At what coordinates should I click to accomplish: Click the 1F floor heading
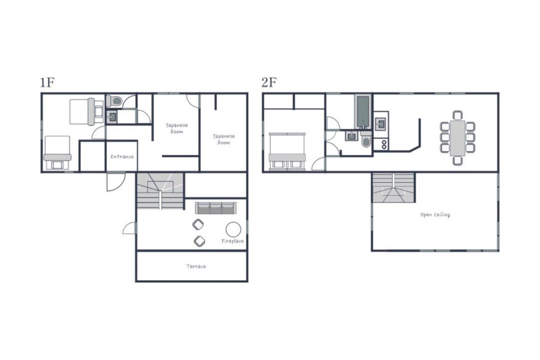tap(47, 82)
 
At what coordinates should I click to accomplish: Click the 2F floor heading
tap(269, 82)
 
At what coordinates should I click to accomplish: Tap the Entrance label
tap(122, 156)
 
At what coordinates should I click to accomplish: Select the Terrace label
tap(196, 266)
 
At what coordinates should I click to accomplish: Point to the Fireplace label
tap(233, 241)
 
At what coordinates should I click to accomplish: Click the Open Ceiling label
tap(435, 214)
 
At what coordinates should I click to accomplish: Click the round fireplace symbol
tap(233, 229)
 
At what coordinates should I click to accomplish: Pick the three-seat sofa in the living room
tap(215, 208)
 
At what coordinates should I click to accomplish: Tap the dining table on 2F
tap(457, 138)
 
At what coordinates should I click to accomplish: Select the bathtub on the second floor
tap(363, 111)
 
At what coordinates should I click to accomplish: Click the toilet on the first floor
tap(114, 101)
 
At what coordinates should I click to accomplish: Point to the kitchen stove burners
tap(384, 144)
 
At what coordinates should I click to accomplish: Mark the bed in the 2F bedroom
tap(287, 151)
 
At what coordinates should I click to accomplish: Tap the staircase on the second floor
tap(393, 188)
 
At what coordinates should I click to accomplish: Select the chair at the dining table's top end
tap(457, 115)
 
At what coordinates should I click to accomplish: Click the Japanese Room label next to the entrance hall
tap(176, 128)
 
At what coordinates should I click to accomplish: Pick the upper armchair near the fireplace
tap(198, 224)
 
